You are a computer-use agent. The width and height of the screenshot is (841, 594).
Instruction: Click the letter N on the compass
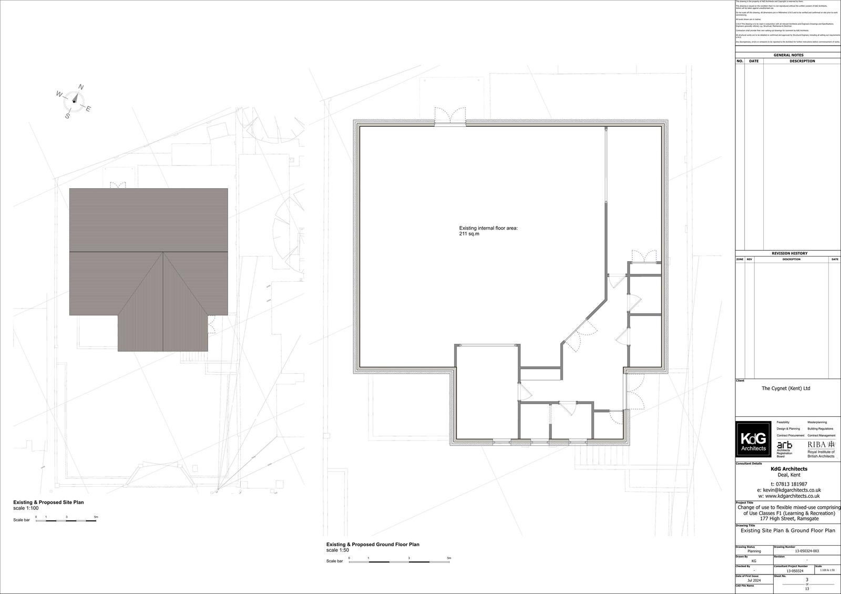point(81,87)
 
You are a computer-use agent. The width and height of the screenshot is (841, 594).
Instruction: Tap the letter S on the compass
point(67,116)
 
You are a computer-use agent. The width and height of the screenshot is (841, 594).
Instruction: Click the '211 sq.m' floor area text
point(469,234)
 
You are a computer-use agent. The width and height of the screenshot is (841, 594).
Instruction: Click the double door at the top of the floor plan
point(450,116)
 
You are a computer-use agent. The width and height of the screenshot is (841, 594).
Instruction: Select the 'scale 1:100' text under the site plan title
point(26,508)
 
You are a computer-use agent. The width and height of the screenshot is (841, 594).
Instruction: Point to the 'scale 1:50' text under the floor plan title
point(337,550)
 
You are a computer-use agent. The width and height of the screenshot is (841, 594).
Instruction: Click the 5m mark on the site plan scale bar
point(96,517)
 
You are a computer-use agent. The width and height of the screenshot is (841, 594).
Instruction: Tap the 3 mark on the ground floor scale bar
point(409,558)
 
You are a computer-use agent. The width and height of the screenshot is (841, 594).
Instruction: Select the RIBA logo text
point(821,445)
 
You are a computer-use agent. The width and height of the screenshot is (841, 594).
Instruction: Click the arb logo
point(784,445)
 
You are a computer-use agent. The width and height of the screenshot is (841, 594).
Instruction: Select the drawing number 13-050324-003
point(806,551)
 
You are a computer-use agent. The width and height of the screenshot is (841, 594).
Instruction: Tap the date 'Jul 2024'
point(754,581)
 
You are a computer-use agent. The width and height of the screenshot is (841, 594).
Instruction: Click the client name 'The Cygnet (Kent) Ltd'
point(786,388)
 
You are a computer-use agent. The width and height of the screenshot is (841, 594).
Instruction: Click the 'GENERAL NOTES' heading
point(788,55)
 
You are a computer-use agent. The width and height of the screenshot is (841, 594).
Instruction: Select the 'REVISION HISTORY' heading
point(789,253)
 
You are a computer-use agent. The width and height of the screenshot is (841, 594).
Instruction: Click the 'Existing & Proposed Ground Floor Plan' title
point(373,545)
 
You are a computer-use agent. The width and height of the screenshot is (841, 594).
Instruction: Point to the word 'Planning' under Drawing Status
point(754,551)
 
